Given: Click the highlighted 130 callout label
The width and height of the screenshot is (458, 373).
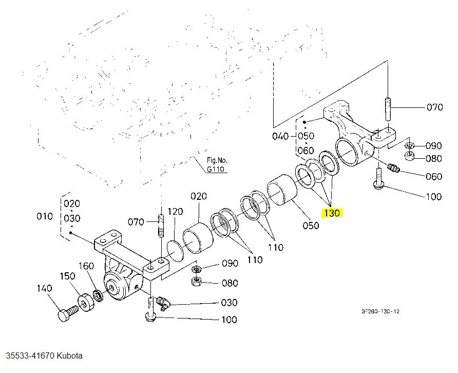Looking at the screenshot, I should [x=332, y=213].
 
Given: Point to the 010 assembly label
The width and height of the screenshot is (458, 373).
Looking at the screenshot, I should [x=45, y=216].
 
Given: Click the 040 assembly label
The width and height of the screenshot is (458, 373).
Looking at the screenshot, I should [x=281, y=136].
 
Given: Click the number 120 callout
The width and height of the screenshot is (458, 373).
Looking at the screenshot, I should [x=175, y=212].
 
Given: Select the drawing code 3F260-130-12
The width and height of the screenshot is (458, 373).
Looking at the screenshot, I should [x=380, y=311].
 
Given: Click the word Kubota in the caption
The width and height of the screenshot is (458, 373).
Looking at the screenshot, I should [x=69, y=356].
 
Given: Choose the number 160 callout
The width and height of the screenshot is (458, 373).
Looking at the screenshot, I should [x=86, y=266].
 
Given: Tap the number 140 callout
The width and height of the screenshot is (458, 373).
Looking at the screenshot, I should [x=45, y=288].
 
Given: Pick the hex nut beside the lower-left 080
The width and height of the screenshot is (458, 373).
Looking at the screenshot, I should [x=196, y=281].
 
